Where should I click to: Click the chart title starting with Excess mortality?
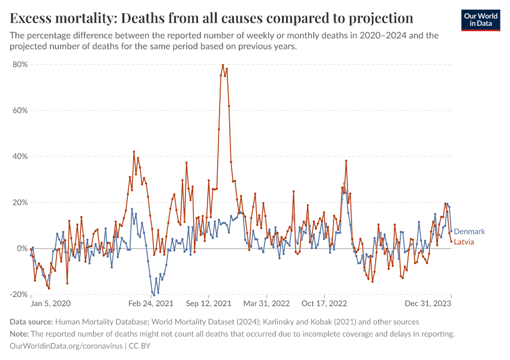212,17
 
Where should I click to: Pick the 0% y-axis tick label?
22,248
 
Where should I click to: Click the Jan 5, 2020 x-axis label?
50,303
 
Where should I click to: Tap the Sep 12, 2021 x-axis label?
209,303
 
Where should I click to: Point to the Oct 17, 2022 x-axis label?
324,303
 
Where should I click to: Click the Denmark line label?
469,232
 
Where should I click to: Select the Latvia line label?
465,242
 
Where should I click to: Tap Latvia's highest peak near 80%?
223,65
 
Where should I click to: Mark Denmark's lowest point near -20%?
154,295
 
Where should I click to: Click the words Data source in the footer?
31,322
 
